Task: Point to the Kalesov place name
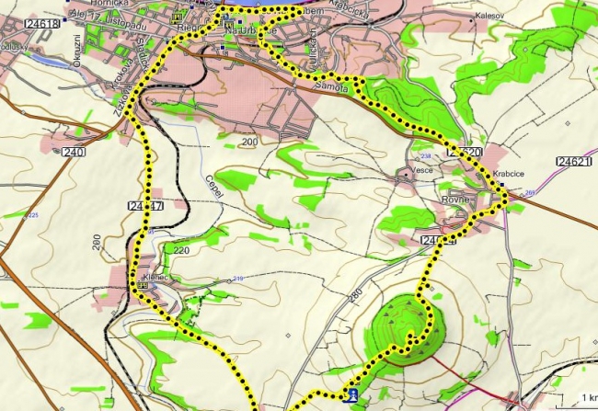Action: click(x=489, y=16)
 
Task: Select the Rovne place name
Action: click(x=456, y=200)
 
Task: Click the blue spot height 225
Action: click(x=34, y=215)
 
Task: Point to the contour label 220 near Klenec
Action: click(x=180, y=249)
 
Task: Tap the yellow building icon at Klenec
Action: click(x=143, y=286)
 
